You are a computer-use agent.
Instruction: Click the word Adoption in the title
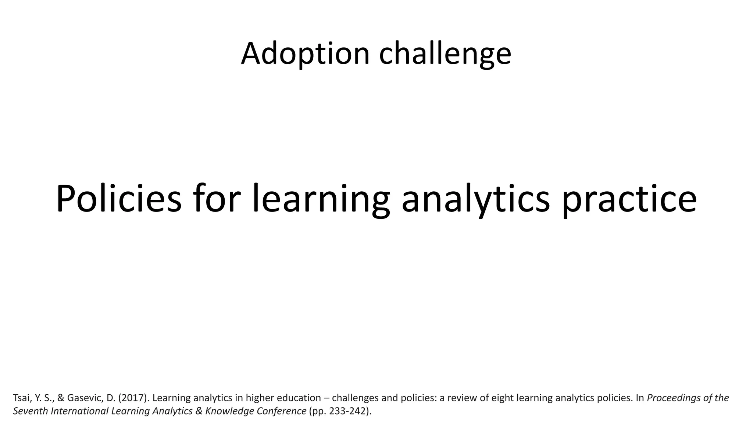305,54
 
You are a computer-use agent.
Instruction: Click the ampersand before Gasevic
61,398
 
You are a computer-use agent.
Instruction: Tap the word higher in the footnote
260,398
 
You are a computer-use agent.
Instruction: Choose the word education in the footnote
299,398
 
